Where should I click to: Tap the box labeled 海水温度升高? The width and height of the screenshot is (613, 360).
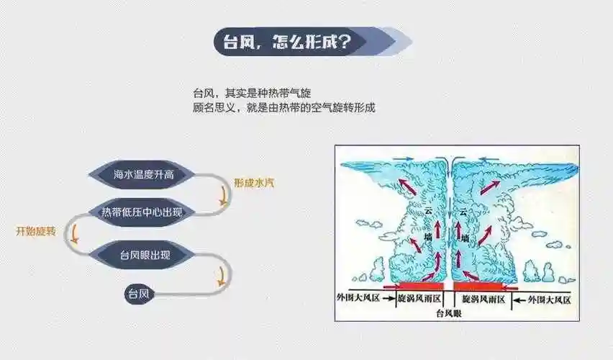[x=144, y=174]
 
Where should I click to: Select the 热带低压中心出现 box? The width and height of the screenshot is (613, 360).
[x=144, y=211]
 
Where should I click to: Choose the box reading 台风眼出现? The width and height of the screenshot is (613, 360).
[x=144, y=254]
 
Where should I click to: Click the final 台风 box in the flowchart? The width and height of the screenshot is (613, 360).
[x=138, y=294]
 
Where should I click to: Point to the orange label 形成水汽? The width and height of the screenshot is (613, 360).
[x=253, y=183]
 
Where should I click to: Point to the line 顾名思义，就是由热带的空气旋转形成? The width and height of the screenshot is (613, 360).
[x=284, y=107]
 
